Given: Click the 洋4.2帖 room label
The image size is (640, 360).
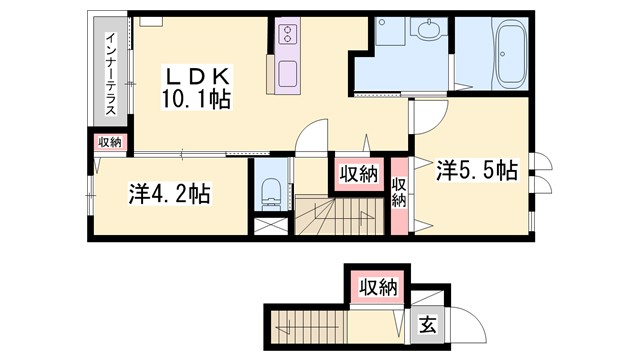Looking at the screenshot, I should (x=169, y=193).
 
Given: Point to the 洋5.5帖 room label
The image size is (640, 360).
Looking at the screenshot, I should (x=476, y=171).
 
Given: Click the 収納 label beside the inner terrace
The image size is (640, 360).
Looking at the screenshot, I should (x=109, y=142).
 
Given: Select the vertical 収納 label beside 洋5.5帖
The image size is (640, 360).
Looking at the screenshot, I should (x=399, y=192).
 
